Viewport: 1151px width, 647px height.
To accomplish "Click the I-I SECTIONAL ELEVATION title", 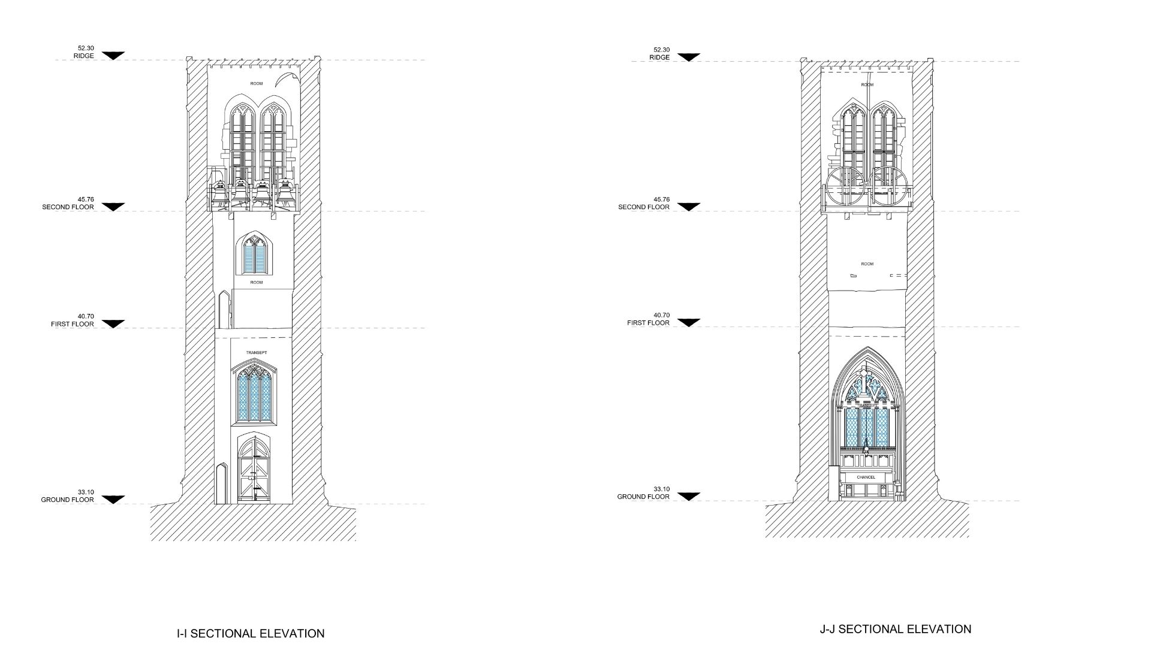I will pyautogui.click(x=251, y=633).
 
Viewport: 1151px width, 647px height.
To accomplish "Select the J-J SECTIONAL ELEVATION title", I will pyautogui.click(x=895, y=629).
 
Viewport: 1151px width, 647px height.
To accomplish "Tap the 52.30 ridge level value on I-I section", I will pyautogui.click(x=86, y=48).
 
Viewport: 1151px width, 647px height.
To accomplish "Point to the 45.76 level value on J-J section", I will pyautogui.click(x=662, y=199).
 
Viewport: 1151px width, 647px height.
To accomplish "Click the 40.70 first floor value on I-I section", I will pyautogui.click(x=86, y=316).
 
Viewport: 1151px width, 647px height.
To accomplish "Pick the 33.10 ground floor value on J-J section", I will pyautogui.click(x=662, y=489).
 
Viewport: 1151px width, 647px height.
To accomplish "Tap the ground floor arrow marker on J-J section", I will pyautogui.click(x=688, y=497).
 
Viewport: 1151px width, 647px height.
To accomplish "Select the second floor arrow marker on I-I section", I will pyautogui.click(x=113, y=207).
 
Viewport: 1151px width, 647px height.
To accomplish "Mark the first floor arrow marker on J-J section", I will pyautogui.click(x=688, y=322).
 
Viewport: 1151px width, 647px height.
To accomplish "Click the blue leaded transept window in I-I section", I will pyautogui.click(x=255, y=395).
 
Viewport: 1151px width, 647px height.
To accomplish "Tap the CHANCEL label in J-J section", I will pyautogui.click(x=866, y=477).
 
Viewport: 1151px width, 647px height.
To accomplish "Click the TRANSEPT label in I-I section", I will pyautogui.click(x=257, y=352).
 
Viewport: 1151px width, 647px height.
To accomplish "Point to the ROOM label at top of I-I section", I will pyautogui.click(x=257, y=84).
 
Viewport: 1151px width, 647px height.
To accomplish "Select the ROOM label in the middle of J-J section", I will pyautogui.click(x=867, y=264).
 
